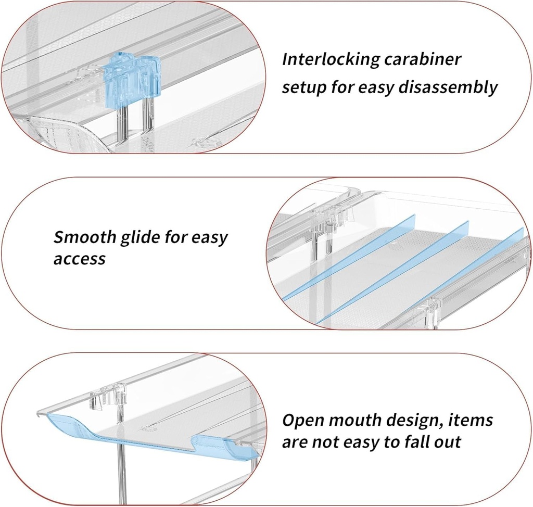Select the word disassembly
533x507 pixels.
click(x=448, y=87)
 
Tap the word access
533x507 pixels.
click(x=79, y=258)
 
